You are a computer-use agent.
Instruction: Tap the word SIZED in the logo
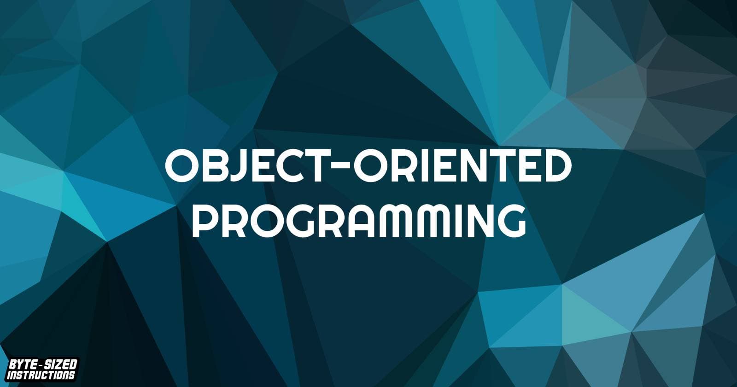(59, 366)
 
